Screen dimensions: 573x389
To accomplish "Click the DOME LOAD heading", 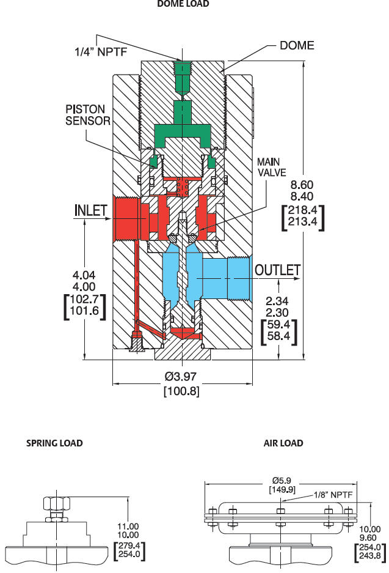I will click(x=183, y=4).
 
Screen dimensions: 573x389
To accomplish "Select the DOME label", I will click(x=297, y=45).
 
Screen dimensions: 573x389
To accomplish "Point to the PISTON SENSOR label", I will click(x=87, y=114).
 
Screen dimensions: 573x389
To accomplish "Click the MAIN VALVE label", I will click(x=271, y=167).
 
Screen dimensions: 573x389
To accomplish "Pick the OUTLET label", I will click(x=278, y=270).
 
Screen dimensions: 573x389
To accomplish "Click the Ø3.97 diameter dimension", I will click(x=181, y=378).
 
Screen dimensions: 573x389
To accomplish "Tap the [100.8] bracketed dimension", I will click(x=181, y=390).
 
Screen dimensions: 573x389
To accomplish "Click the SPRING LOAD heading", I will click(x=54, y=443).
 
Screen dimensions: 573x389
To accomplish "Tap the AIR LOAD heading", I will click(x=283, y=443).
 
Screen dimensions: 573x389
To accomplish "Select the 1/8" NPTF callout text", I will click(x=332, y=497).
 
